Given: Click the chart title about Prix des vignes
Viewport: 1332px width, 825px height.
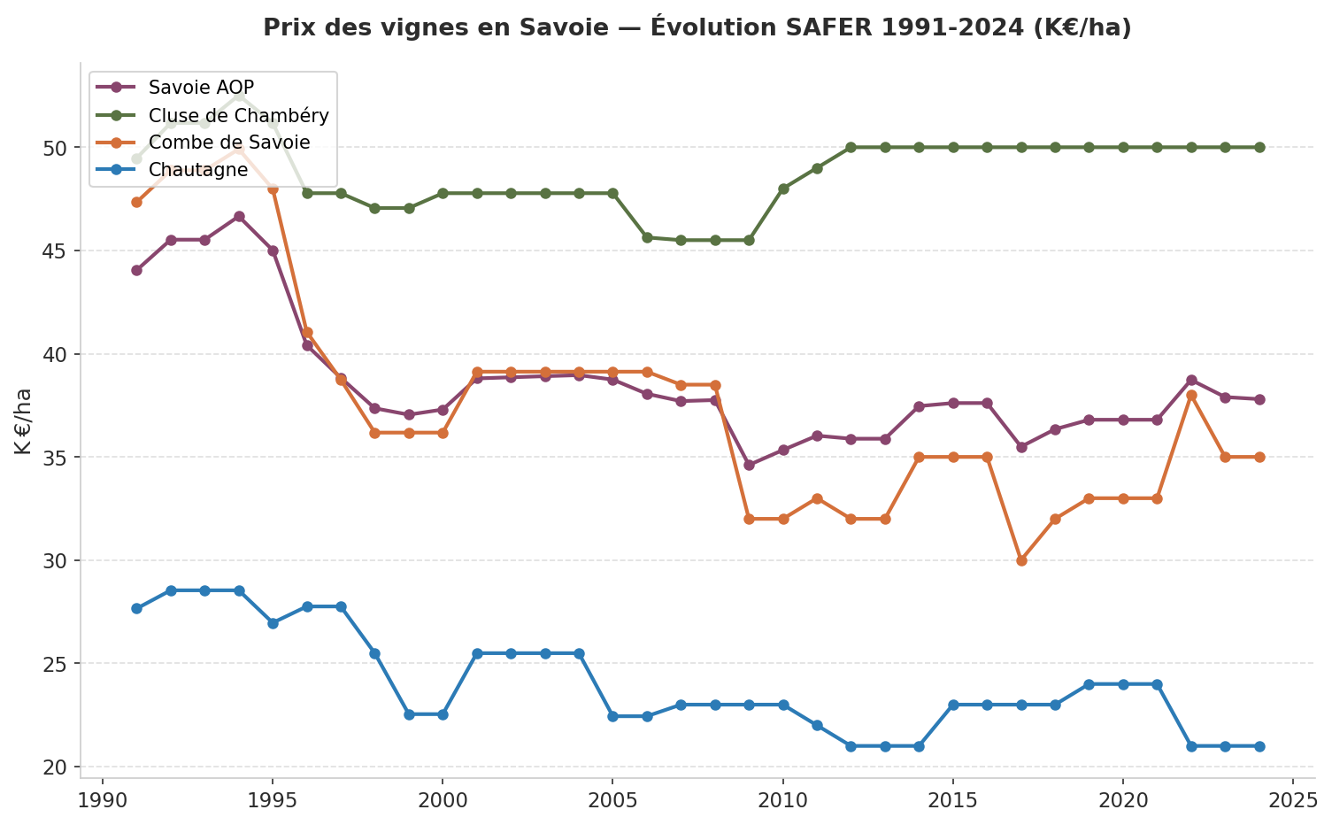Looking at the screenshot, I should click(x=697, y=28).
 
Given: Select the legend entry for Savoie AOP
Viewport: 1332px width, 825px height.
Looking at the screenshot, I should click(x=201, y=87).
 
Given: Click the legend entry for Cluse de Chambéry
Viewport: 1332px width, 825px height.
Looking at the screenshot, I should click(x=238, y=115).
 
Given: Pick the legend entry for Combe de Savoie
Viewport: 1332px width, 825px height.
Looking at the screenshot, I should click(x=229, y=143).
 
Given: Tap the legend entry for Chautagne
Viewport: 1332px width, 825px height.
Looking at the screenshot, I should click(x=198, y=170).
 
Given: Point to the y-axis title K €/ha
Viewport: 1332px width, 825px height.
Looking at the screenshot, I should click(x=24, y=421).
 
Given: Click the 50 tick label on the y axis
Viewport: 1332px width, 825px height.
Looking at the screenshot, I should click(x=56, y=148).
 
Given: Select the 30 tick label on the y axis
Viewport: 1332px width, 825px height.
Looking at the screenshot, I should click(x=56, y=561).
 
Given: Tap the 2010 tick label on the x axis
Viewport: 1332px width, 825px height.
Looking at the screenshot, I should click(x=783, y=800).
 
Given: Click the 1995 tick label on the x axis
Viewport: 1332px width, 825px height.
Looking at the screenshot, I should click(x=273, y=800).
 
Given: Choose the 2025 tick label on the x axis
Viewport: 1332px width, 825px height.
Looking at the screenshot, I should click(x=1293, y=800).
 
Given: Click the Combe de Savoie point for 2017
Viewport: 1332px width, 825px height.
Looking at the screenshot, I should click(x=1021, y=560).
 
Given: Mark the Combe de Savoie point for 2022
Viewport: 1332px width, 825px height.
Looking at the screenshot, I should click(x=1191, y=396).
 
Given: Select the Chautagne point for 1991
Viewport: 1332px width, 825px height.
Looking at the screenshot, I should click(x=136, y=608).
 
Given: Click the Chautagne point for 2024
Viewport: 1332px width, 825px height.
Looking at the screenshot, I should click(x=1259, y=746).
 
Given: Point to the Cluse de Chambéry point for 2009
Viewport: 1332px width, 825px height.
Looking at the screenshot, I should click(x=749, y=240).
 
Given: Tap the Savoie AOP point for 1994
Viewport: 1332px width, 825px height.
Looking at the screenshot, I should click(x=239, y=216).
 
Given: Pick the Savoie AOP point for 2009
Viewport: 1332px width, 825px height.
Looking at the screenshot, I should click(x=749, y=465).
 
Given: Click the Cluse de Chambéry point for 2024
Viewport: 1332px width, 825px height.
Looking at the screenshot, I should click(x=1259, y=147).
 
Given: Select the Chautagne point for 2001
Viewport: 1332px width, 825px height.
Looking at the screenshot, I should click(x=477, y=653).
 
